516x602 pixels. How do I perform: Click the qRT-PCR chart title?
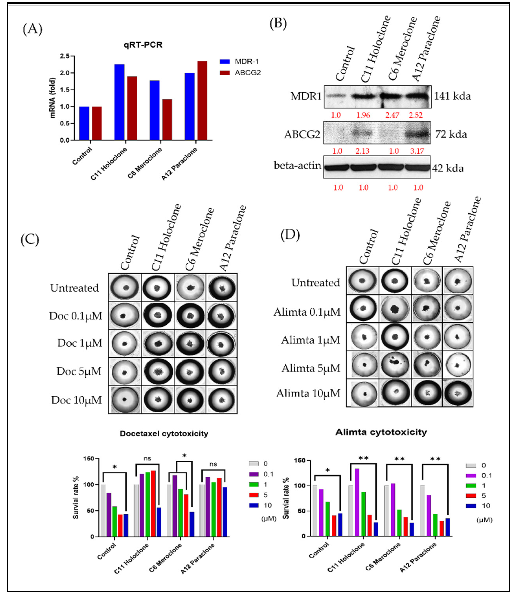point(143,45)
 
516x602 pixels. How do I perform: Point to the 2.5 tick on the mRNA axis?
point(65,56)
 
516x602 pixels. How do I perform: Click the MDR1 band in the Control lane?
point(335,96)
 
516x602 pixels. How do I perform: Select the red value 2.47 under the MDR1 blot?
point(392,115)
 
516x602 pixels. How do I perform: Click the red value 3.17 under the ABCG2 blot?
point(417,151)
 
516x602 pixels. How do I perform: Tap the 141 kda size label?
point(452,96)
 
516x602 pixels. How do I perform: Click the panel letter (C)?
point(30,240)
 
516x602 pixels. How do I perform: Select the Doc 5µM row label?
point(79,371)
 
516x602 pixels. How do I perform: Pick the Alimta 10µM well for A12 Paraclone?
point(458,393)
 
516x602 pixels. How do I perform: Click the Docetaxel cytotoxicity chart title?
point(164,434)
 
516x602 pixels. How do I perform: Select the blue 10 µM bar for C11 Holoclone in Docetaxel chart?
point(159,522)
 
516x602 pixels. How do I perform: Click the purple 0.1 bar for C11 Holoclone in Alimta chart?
point(357,502)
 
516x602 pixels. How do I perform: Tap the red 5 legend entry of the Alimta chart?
point(477,496)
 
